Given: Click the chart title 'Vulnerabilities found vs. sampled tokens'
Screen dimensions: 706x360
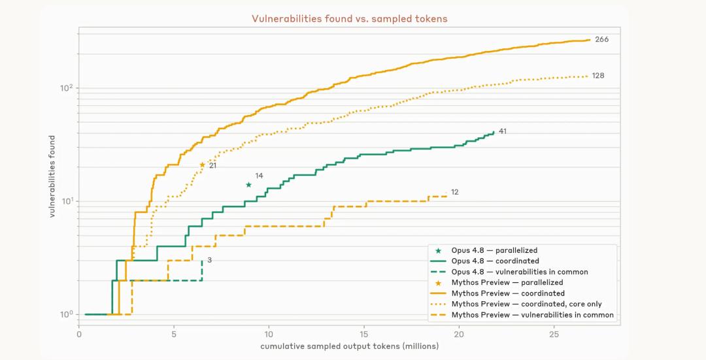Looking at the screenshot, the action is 349,18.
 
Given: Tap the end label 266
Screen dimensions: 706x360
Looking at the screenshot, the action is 601,39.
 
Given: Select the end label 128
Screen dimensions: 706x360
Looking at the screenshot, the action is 598,76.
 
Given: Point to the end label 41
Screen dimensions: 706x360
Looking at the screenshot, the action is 503,131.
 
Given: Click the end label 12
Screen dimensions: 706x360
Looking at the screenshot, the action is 455,192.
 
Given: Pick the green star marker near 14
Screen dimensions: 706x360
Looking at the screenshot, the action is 248,185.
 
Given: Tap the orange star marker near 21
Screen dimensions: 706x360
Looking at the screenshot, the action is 202,165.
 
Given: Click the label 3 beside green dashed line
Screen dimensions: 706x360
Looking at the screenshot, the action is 210,260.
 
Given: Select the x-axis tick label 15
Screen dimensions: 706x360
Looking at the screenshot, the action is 364,335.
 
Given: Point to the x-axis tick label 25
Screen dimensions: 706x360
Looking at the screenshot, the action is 554,335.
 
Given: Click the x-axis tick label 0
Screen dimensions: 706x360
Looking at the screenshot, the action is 79,335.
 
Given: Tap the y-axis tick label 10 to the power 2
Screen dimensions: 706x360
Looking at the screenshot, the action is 67,88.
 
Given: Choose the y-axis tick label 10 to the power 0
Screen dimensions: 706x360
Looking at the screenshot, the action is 67,314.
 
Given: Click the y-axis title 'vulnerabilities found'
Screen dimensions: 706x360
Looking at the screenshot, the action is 52,176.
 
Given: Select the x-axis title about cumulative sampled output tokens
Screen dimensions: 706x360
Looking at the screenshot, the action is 349,346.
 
